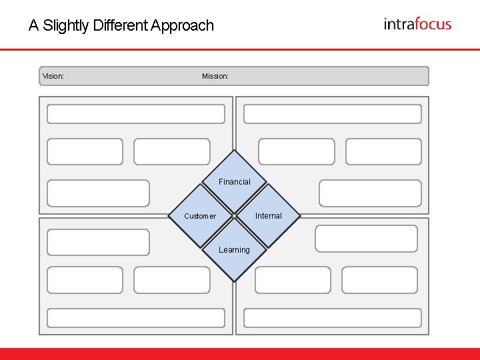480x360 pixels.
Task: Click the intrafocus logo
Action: (417, 25)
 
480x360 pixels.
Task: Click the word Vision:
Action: (53, 76)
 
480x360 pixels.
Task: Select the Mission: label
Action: (215, 76)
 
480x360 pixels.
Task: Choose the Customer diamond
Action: (200, 215)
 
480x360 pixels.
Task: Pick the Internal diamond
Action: (269, 215)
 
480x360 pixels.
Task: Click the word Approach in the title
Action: (183, 26)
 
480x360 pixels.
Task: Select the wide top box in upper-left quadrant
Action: (136, 114)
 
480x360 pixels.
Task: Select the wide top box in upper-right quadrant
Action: (333, 114)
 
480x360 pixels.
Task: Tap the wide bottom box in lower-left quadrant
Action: (136, 318)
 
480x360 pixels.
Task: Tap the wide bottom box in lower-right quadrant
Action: (333, 318)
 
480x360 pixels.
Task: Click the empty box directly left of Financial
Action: (99, 193)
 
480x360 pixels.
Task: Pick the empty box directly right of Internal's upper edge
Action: (370, 193)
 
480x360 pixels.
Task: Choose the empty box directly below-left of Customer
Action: (99, 243)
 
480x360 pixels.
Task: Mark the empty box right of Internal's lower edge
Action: (366, 239)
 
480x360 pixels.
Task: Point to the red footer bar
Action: (240, 353)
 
